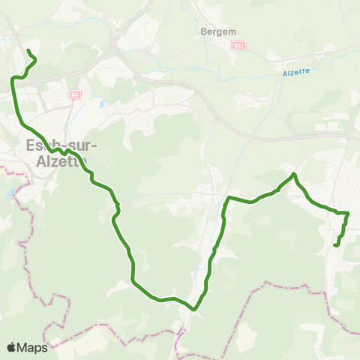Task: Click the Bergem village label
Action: (x=217, y=31)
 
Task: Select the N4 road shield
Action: (x=74, y=94)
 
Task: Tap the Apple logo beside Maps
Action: (x=12, y=347)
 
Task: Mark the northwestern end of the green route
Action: (x=28, y=51)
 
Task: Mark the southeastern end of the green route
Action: (x=334, y=244)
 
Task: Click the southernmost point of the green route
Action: (x=193, y=308)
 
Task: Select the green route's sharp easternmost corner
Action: (x=349, y=213)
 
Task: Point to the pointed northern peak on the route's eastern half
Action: (x=294, y=174)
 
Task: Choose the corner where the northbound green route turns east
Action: (x=228, y=197)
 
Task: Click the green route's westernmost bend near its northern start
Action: (x=11, y=79)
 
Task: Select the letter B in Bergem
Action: (x=204, y=31)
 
